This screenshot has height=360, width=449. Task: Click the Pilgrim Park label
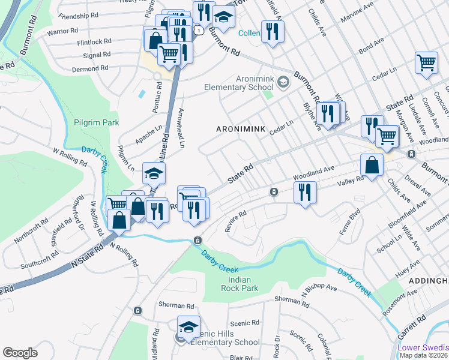click(x=94, y=122)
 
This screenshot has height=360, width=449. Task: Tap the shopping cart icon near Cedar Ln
click(x=426, y=62)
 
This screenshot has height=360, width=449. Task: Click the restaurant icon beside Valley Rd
click(x=305, y=193)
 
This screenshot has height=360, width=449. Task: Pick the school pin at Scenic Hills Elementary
click(x=188, y=327)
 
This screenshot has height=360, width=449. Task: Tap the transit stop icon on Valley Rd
click(x=274, y=192)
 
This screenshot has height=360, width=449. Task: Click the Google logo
click(x=20, y=353)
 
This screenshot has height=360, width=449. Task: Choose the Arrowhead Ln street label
click(x=181, y=128)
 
